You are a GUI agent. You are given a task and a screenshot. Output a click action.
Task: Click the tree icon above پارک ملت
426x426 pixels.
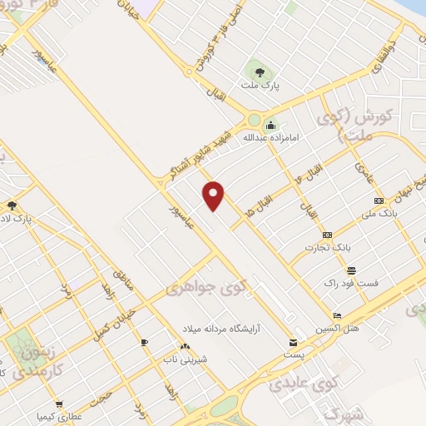pos(259,69)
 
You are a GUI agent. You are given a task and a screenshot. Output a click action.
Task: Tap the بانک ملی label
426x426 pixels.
pos(381,214)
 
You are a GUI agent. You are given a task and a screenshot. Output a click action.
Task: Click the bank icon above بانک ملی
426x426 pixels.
pos(379,201)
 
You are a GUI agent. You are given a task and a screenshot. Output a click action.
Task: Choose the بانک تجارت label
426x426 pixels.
pos(324,247)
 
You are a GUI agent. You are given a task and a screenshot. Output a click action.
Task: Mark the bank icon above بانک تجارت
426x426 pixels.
pos(327,235)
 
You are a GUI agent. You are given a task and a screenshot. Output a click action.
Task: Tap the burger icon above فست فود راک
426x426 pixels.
pos(352,270)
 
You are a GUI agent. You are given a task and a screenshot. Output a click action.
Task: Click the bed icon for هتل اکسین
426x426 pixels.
pos(336,315)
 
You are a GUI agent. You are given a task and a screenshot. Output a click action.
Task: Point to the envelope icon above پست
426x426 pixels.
pos(292,342)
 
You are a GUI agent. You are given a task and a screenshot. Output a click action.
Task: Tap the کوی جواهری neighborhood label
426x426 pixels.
pos(206,289)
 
